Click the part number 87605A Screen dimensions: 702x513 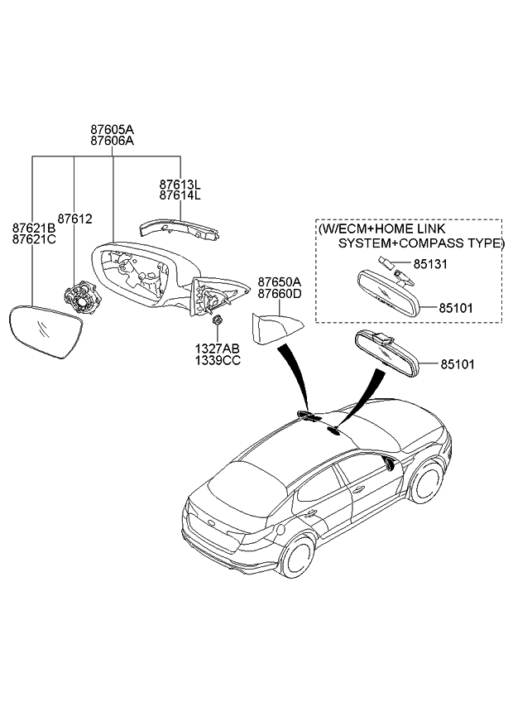point(113,130)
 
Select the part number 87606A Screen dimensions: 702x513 point(113,141)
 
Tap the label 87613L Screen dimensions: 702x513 point(180,185)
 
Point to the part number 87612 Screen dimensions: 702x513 point(75,219)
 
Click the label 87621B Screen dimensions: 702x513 point(34,227)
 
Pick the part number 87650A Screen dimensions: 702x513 point(279,281)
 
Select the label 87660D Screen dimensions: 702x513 point(279,293)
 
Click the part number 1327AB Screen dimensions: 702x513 point(218,349)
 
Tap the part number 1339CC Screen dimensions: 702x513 point(218,361)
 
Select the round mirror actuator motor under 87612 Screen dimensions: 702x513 point(81,295)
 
